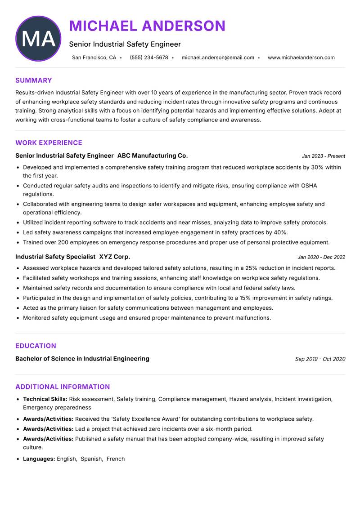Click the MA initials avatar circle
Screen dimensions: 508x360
pyautogui.click(x=38, y=39)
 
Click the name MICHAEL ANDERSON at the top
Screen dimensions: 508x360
pyautogui.click(x=147, y=26)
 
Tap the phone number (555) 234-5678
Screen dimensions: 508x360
pyautogui.click(x=149, y=58)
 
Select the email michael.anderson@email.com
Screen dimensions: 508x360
pyautogui.click(x=218, y=58)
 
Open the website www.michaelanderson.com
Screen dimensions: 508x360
pyautogui.click(x=301, y=58)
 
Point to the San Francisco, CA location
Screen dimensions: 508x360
pyautogui.click(x=94, y=58)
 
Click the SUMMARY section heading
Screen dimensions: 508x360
pyautogui.click(x=34, y=80)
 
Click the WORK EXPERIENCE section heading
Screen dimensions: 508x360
pyautogui.click(x=49, y=143)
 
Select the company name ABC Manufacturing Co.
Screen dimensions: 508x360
pyautogui.click(x=153, y=156)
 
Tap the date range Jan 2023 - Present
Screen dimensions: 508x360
pyautogui.click(x=323, y=156)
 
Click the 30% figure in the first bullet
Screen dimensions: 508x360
pyautogui.click(x=317, y=167)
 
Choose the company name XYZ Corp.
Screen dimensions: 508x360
pyautogui.click(x=115, y=257)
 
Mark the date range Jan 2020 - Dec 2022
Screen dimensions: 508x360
pyautogui.click(x=321, y=257)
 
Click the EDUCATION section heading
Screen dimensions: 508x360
pyautogui.click(x=36, y=346)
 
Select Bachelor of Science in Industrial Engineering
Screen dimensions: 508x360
pyautogui.click(x=82, y=359)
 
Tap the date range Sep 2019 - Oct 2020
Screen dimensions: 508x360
pyautogui.click(x=320, y=359)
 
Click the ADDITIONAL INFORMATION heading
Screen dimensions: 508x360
pyautogui.click(x=63, y=387)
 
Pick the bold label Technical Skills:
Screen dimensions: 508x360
pyautogui.click(x=45, y=399)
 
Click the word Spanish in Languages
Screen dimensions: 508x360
pyautogui.click(x=91, y=459)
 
